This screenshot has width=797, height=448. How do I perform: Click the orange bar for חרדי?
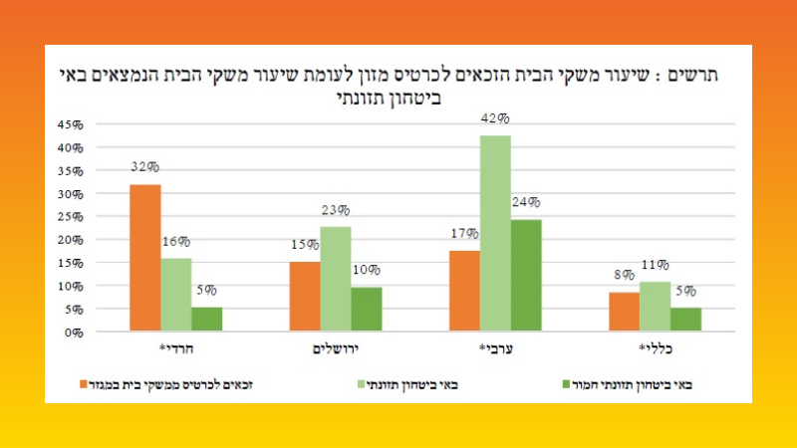(144, 258)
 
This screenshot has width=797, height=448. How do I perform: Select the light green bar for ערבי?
(495, 233)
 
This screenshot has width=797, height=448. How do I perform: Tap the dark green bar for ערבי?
(525, 276)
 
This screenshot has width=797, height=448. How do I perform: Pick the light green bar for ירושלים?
(335, 279)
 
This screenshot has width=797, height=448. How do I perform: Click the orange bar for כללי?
(625, 312)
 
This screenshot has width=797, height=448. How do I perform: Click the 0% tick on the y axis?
(72, 333)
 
